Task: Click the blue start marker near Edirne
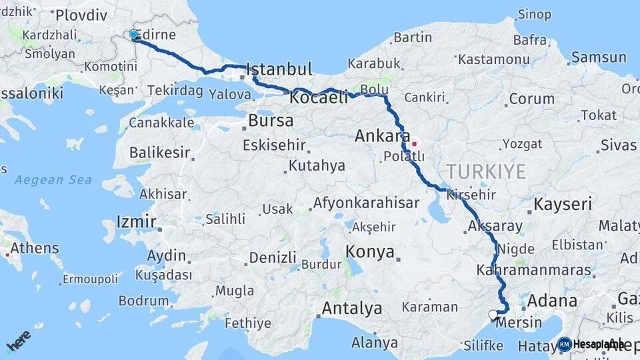tap(133, 35)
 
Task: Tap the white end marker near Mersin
tap(493, 315)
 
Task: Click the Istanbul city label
tap(279, 69)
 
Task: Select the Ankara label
tap(382, 137)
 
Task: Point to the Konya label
tap(370, 251)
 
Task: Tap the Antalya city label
tap(351, 309)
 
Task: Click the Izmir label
tap(136, 221)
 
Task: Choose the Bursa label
tap(270, 121)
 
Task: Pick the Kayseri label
tap(563, 204)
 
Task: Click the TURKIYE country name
tap(486, 171)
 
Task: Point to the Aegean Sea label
tap(53, 180)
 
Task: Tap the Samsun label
tap(598, 58)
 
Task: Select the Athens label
tap(34, 249)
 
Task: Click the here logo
tap(18, 341)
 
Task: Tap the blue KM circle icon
tap(564, 344)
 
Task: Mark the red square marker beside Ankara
tap(414, 142)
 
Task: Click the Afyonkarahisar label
tap(366, 203)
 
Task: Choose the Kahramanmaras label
tap(534, 271)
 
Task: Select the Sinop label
tap(534, 15)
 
